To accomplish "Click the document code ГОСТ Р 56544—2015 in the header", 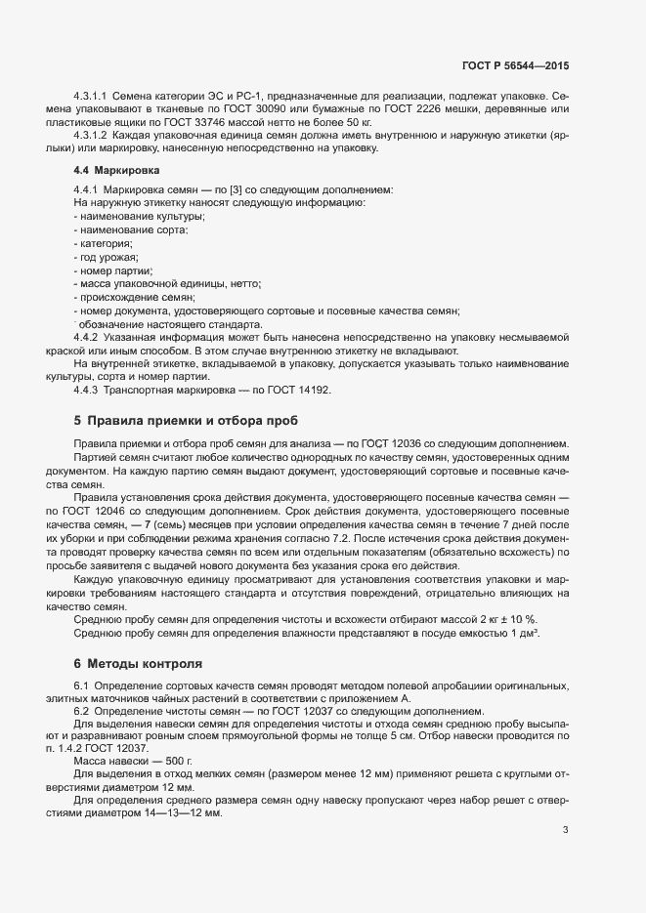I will point(515,65).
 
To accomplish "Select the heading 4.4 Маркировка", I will point(110,170).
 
